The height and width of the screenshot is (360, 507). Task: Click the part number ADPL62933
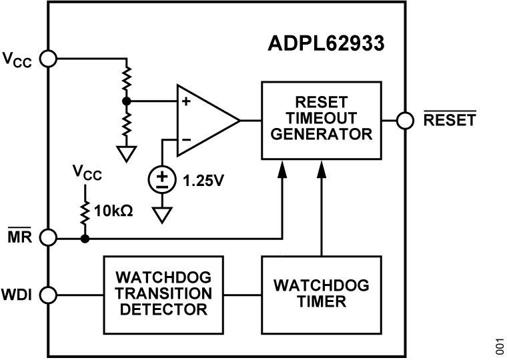(x=326, y=45)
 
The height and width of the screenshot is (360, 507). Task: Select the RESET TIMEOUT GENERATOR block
(x=321, y=120)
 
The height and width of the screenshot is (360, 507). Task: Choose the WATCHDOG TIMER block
(x=321, y=294)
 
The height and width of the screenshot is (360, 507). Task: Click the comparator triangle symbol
(x=204, y=120)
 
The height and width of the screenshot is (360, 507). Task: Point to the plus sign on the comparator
(x=186, y=102)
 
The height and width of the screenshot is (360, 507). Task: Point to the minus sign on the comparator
(x=186, y=139)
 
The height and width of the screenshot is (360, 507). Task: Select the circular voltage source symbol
(x=162, y=179)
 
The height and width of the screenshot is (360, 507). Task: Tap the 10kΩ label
(x=113, y=211)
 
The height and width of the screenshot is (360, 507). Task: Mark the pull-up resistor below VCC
(x=85, y=212)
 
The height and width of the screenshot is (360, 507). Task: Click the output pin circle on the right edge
(x=404, y=120)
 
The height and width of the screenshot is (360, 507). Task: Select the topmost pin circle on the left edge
(x=49, y=59)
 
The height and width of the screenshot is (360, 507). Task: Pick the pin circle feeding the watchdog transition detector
(x=49, y=294)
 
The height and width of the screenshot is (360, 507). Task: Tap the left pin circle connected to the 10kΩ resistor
(x=49, y=237)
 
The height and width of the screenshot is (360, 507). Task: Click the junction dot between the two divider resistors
(x=125, y=101)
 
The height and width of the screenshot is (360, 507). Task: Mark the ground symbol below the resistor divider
(x=125, y=153)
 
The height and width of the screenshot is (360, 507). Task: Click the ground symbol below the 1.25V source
(x=162, y=215)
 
